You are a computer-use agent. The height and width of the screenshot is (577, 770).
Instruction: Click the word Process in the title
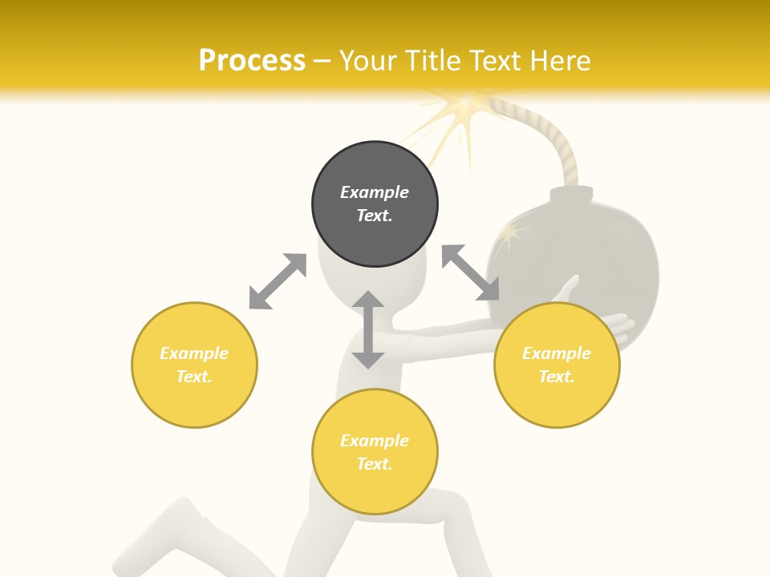252,61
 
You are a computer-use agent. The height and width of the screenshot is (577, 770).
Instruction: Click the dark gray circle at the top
375,204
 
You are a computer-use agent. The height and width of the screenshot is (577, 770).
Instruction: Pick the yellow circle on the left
194,365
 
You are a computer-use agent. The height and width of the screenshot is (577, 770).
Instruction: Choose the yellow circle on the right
557,365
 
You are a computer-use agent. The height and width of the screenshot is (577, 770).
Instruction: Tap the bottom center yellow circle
375,452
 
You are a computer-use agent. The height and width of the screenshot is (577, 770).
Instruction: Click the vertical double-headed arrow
368,329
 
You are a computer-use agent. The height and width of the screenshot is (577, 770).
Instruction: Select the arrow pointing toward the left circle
278,281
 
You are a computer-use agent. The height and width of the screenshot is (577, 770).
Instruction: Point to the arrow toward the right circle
471,273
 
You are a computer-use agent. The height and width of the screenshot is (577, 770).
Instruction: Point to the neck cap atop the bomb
571,195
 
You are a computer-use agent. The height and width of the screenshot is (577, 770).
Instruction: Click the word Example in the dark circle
375,192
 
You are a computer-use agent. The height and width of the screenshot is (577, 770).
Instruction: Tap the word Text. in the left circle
194,377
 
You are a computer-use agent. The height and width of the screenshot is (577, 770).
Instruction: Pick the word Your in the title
370,61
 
